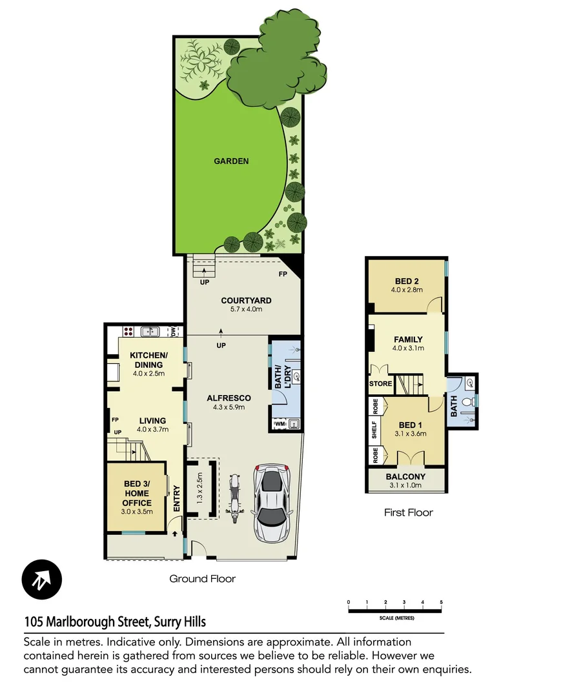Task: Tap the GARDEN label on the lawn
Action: tap(231, 161)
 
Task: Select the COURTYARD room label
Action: tap(245, 300)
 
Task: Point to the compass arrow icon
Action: tap(42, 579)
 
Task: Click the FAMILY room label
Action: tap(408, 339)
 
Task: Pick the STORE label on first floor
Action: tap(380, 384)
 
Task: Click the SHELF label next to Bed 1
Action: tap(374, 430)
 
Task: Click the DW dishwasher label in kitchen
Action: tap(172, 332)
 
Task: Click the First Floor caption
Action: tap(408, 512)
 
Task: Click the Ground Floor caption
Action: tap(202, 579)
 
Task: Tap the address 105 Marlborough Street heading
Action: tap(115, 622)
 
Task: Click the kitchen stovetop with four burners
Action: tap(128, 332)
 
